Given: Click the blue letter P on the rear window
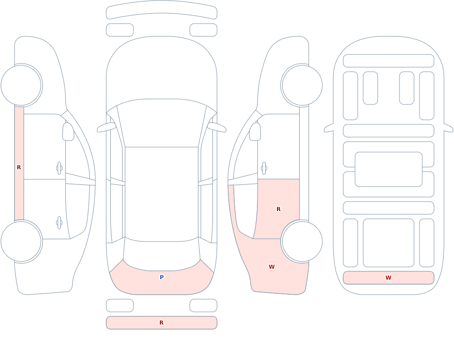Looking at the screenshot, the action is point(162,277).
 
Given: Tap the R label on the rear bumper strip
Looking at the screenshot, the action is point(161,323).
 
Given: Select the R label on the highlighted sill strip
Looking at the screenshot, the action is point(19,168).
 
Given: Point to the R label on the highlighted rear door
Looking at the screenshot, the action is point(279,209).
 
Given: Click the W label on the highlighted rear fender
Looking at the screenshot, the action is point(271,267).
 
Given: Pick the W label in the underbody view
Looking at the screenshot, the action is point(388,277).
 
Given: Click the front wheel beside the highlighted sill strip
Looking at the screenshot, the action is point(21,85).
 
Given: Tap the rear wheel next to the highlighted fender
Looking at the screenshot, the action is point(302,241).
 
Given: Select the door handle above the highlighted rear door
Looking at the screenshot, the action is point(264,168).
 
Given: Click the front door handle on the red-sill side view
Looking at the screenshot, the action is point(59,168).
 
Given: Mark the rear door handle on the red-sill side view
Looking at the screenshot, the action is point(59,223).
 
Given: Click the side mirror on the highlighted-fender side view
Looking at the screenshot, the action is point(255,132).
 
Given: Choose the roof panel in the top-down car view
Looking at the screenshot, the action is point(162,194).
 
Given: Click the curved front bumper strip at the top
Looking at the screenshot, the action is point(162,10).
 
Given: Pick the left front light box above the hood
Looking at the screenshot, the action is point(120,30).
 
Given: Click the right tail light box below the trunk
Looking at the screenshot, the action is point(203,306).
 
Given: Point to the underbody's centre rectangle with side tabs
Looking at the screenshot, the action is point(389,169).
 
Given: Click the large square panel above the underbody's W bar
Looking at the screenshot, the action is point(389,243).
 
